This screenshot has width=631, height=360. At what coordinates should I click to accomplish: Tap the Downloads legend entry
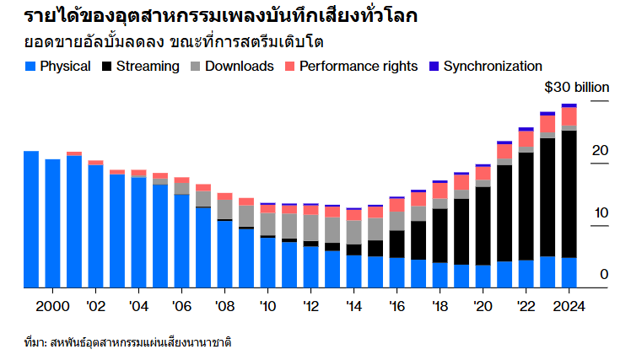coord(239,66)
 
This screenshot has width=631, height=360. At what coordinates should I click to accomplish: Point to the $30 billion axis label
coord(576,88)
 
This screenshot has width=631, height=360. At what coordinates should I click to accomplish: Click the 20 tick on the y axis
coord(600,150)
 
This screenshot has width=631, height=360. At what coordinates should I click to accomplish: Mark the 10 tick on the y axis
coord(600,212)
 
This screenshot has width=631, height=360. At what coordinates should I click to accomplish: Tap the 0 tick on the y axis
coord(604,274)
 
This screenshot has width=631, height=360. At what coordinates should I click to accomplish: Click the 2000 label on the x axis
coord(53,305)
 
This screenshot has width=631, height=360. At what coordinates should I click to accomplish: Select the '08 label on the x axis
coord(224,305)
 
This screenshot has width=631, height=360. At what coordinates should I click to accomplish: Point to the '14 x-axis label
coord(353,305)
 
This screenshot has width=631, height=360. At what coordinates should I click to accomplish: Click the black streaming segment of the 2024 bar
coord(569,194)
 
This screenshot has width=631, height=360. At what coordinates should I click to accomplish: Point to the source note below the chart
coord(127,343)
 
